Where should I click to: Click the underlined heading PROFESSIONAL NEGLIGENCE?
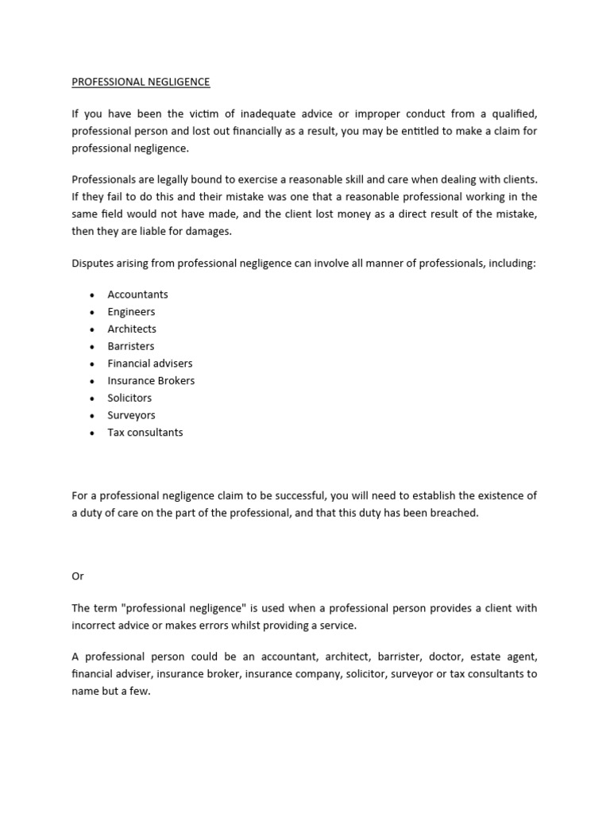(141, 82)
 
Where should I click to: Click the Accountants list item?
(137, 294)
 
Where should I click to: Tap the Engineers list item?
(131, 311)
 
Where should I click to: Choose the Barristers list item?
(131, 346)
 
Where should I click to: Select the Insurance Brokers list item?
(151, 380)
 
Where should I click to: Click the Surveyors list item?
(131, 415)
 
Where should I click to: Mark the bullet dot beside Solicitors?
(92, 399)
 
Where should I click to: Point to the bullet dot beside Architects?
(92, 329)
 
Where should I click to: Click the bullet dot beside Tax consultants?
(92, 433)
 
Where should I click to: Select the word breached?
(454, 513)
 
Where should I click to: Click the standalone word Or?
(77, 576)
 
